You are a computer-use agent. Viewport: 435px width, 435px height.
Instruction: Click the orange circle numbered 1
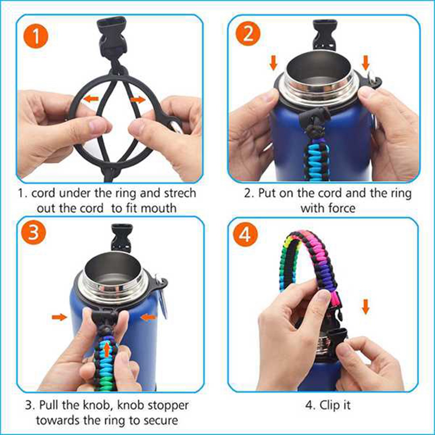pyautogui.click(x=36, y=37)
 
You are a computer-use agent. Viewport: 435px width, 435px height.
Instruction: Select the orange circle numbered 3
pyautogui.click(x=33, y=232)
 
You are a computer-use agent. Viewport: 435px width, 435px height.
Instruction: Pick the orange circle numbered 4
pyautogui.click(x=245, y=235)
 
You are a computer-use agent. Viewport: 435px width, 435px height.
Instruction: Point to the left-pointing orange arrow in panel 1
pyautogui.click(x=91, y=98)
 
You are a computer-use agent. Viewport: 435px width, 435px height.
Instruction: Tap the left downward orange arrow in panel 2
pyautogui.click(x=274, y=63)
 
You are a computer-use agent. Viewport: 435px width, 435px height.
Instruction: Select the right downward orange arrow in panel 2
pyautogui.click(x=366, y=63)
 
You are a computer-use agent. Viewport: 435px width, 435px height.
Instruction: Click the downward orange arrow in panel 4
pyautogui.click(x=366, y=307)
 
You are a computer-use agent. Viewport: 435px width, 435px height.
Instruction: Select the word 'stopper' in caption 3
pyautogui.click(x=168, y=406)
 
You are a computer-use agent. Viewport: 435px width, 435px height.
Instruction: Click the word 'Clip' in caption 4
pyautogui.click(x=330, y=405)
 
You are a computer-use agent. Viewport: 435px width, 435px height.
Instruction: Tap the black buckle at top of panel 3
pyautogui.click(x=121, y=238)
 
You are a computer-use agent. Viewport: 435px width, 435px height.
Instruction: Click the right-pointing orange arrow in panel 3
pyautogui.click(x=60, y=317)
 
